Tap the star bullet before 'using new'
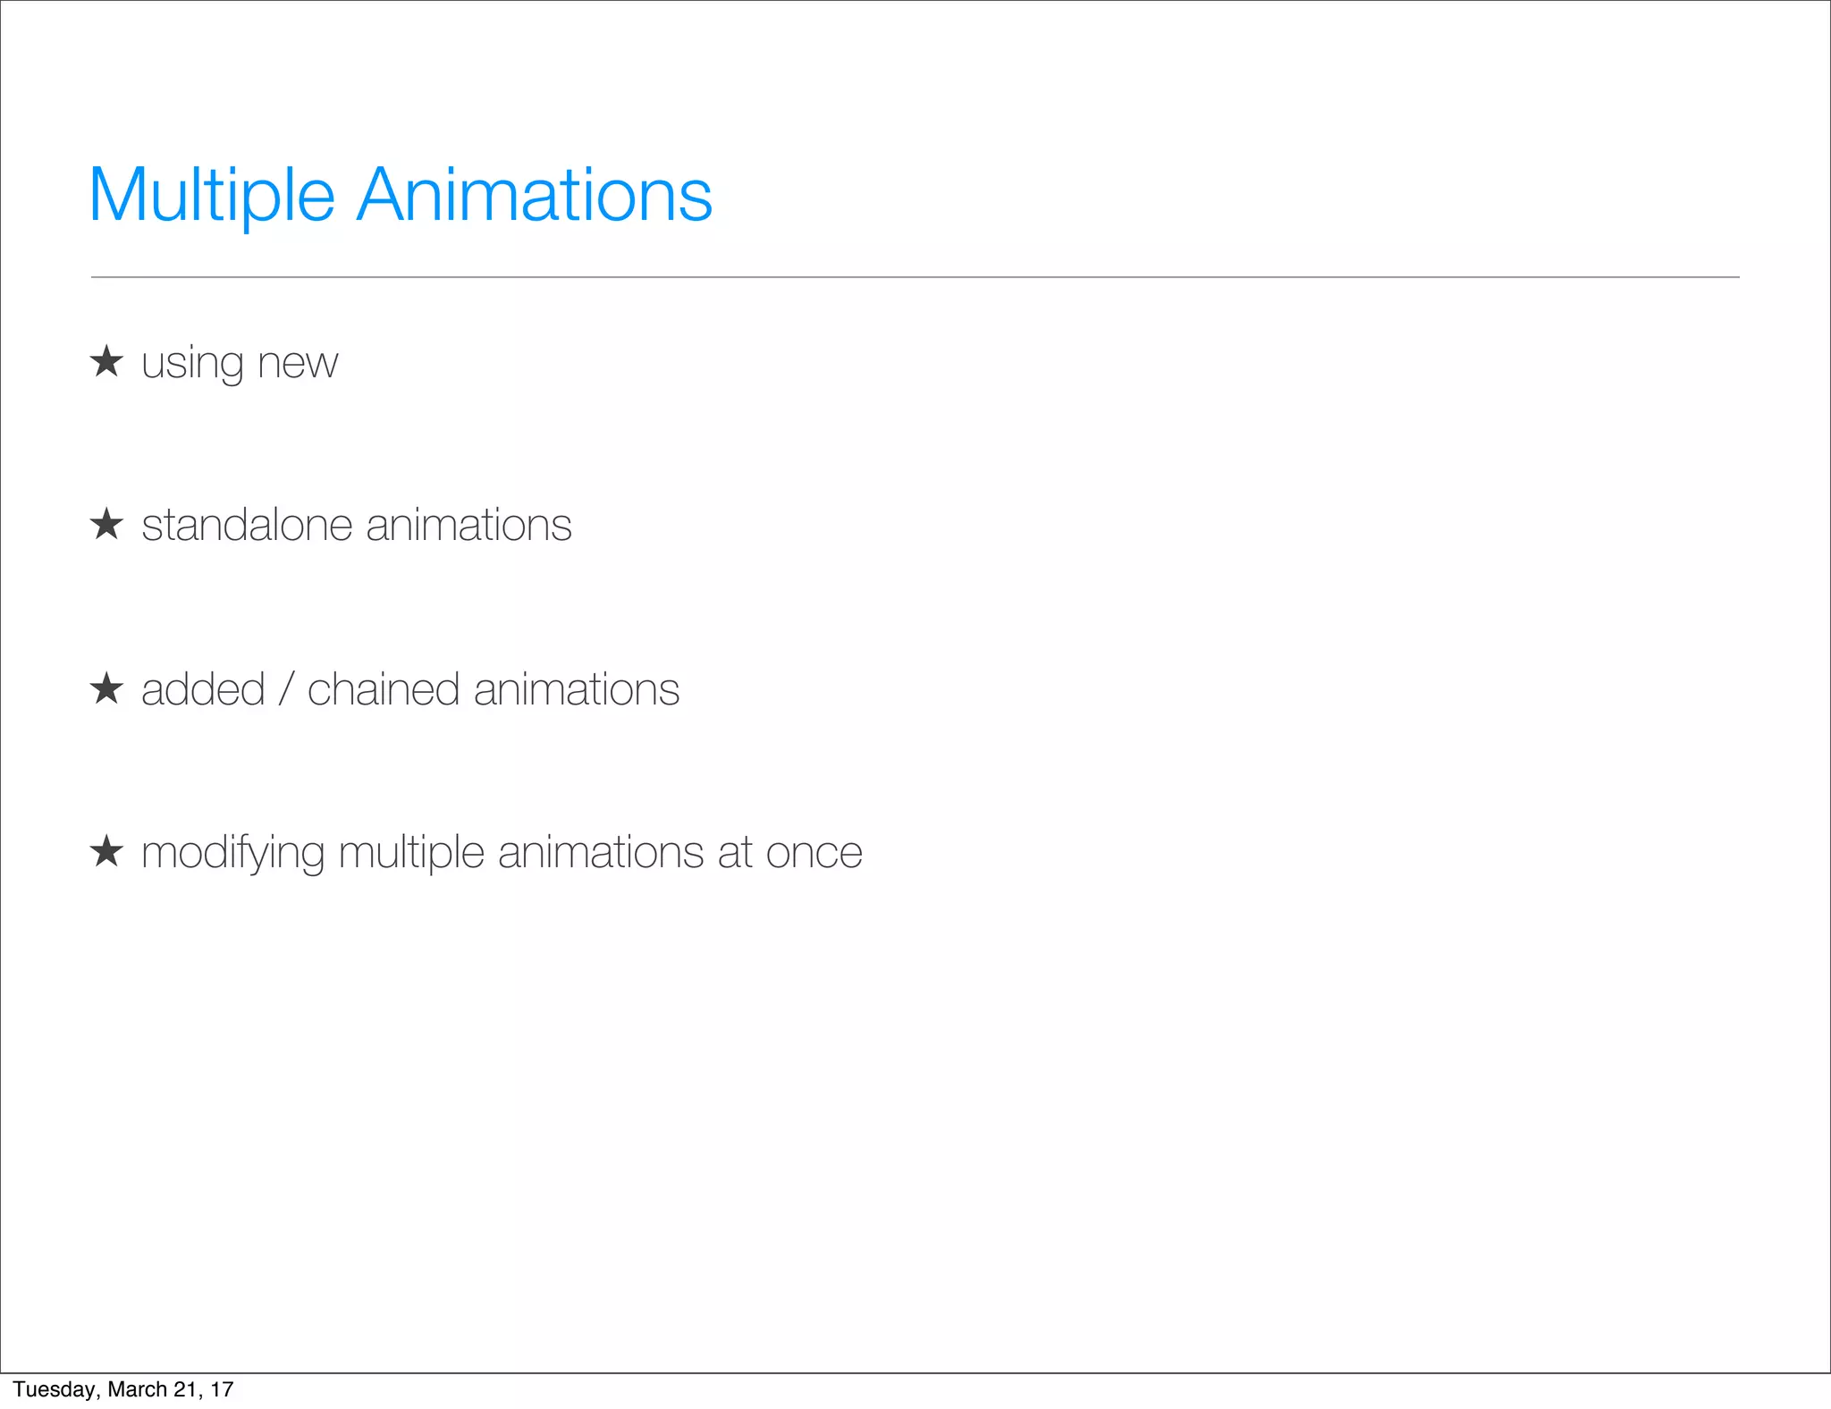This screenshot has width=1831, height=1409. click(106, 361)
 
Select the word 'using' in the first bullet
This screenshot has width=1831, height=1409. click(192, 363)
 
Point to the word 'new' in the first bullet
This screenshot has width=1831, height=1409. click(298, 363)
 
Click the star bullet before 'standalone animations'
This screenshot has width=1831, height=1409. click(106, 524)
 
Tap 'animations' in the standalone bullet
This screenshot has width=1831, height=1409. click(468, 525)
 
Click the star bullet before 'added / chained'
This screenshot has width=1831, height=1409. click(106, 688)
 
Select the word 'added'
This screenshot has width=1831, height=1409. click(203, 689)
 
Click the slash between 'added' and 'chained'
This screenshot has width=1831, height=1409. click(286, 689)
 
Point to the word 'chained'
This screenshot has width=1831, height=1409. click(384, 689)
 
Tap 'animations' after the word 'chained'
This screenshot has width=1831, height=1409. click(577, 689)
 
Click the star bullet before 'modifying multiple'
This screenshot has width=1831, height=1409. click(106, 851)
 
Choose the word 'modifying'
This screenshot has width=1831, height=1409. click(232, 852)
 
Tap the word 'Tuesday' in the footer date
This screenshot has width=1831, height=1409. click(54, 1389)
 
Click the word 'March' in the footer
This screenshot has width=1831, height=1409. click(137, 1389)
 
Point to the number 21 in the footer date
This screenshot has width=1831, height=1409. click(186, 1389)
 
